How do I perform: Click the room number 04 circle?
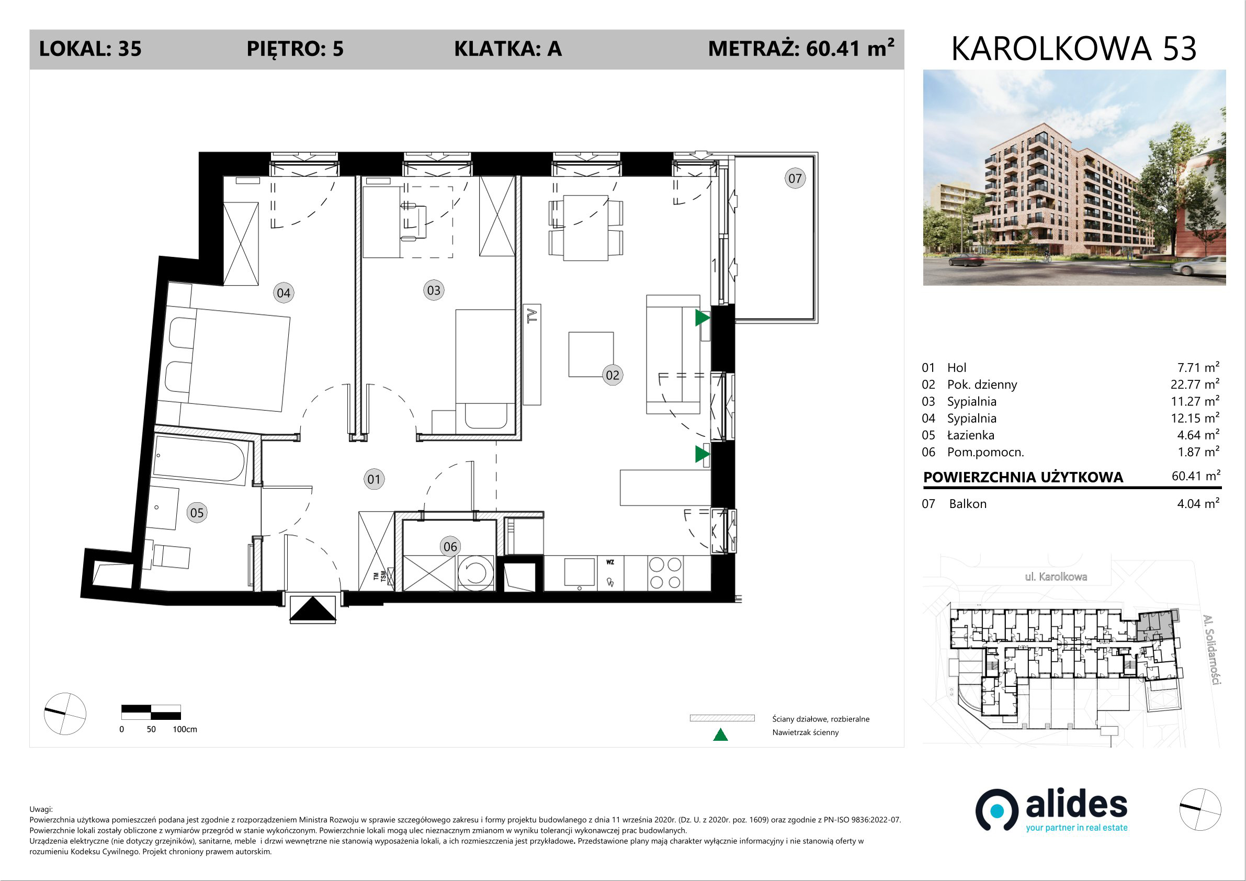284,293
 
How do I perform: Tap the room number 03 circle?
434,290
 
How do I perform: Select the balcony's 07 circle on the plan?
795,178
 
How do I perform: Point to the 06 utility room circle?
450,547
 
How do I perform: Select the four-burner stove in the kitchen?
665,573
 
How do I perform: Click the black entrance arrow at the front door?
313,609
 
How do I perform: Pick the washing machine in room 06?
475,573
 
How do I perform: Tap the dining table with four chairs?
585,228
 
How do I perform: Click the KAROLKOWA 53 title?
1074,48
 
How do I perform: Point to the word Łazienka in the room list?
971,435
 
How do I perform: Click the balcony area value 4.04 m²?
1198,503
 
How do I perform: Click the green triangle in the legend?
720,735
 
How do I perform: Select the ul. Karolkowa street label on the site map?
1056,577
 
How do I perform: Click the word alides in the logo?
1076,805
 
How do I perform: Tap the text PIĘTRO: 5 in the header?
295,49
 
